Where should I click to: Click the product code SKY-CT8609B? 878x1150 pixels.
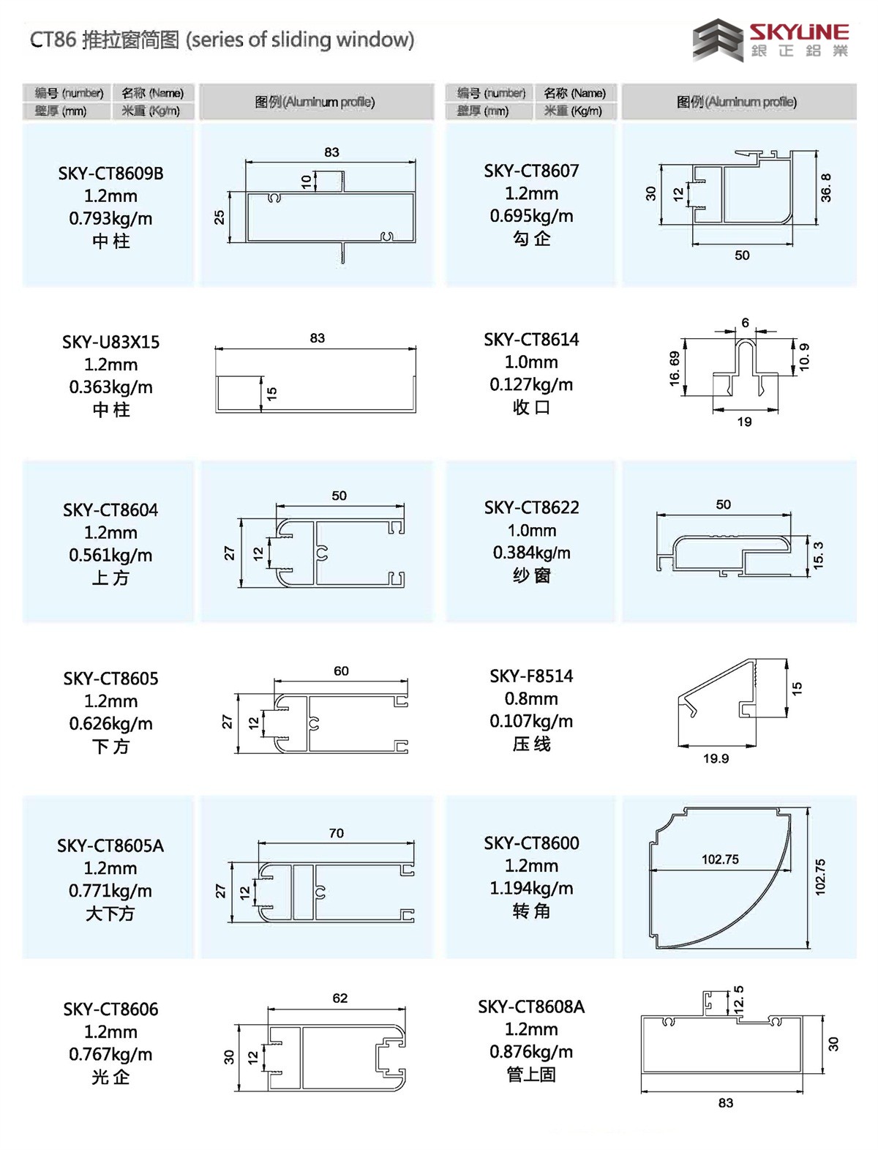[x=110, y=173]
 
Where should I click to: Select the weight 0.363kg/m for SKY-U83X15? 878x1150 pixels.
[x=110, y=387]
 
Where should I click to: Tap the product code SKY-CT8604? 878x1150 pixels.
[x=110, y=509]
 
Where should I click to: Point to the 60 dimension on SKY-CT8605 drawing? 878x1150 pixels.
[x=341, y=671]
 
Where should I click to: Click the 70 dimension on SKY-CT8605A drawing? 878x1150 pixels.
[x=336, y=833]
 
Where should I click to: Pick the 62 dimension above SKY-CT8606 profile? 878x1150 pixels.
[x=339, y=998]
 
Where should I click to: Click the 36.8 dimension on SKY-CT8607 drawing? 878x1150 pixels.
[x=826, y=187]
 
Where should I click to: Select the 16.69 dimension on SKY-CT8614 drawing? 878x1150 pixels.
[x=674, y=368]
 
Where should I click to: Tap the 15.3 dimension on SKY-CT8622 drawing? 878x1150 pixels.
[x=818, y=556]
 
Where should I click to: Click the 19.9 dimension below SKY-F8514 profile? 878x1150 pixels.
[x=716, y=758]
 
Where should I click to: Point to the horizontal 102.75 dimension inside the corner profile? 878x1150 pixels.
[x=720, y=859]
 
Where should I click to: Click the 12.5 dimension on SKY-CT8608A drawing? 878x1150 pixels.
[x=739, y=999]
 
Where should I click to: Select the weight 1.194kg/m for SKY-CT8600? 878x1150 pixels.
[x=531, y=888]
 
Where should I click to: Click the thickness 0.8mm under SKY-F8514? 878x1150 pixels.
[x=531, y=698]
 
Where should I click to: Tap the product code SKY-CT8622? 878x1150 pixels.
[x=531, y=507]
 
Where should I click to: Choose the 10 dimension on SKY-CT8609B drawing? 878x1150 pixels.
[x=307, y=182]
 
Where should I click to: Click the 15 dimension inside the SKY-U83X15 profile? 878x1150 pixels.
[x=272, y=394]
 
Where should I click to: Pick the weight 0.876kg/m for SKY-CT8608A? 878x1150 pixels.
[x=531, y=1052]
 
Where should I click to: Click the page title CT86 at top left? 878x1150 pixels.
[x=53, y=40]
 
